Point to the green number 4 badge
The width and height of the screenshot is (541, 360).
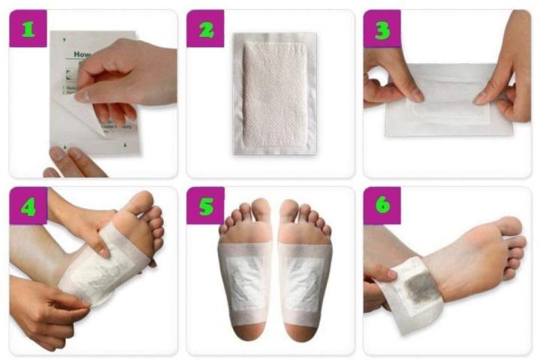pos(28,206)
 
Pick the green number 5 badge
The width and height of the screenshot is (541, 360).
pos(205,206)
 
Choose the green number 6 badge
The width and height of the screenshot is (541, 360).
pos(382,206)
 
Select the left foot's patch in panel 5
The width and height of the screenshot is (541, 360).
pos(245,274)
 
